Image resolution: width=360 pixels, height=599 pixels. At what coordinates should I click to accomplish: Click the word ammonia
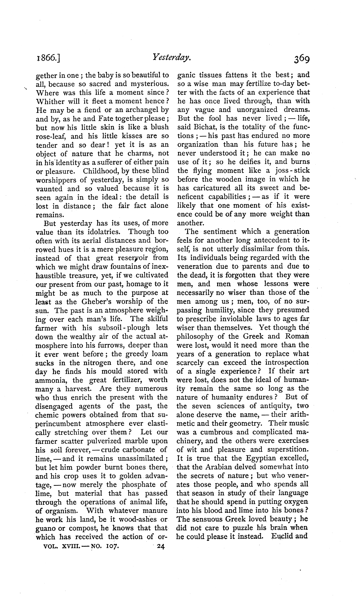coord(51,380)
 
